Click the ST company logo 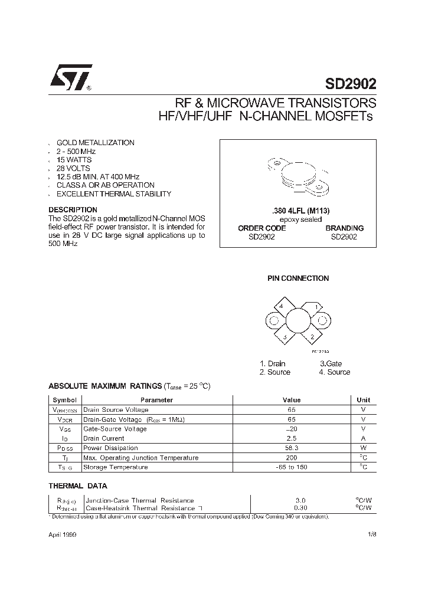(x=70, y=78)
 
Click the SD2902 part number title (x=351, y=84)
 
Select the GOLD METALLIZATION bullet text (x=95, y=143)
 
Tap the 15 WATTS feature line (x=74, y=160)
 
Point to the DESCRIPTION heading (x=73, y=209)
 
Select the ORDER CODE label (x=261, y=228)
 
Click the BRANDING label (x=344, y=228)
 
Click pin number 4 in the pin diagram (x=281, y=306)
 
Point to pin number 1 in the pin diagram (x=317, y=307)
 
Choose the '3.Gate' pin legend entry (x=331, y=363)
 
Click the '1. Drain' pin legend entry (x=272, y=363)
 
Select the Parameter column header (x=156, y=399)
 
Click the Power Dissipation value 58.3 (x=292, y=448)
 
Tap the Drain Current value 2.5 (x=292, y=438)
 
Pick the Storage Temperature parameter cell (x=115, y=467)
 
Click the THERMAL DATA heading (x=77, y=486)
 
